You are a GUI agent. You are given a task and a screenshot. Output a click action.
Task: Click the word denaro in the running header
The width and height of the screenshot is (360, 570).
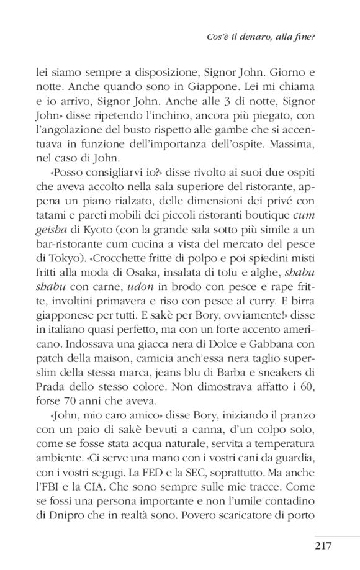tap(259, 37)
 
